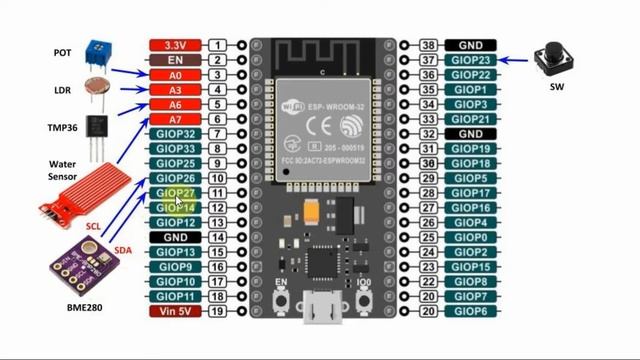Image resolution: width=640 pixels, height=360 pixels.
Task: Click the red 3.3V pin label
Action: pyautogui.click(x=176, y=46)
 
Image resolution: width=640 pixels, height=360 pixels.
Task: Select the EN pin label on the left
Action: pyautogui.click(x=176, y=60)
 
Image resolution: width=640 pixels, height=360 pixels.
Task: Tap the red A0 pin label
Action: pyautogui.click(x=176, y=75)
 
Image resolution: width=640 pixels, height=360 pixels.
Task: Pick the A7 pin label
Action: pyautogui.click(x=176, y=119)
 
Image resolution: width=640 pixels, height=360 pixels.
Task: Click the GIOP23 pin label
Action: pyautogui.click(x=470, y=60)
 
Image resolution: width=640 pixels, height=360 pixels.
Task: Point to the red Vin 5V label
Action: pyautogui.click(x=176, y=311)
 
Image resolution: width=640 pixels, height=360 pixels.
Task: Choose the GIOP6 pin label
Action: pyautogui.click(x=470, y=311)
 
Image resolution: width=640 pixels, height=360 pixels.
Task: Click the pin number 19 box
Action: pyautogui.click(x=217, y=311)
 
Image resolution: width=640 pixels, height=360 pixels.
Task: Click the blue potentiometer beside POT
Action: pyautogui.click(x=96, y=47)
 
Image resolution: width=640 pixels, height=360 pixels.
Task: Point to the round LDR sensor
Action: pyautogui.click(x=98, y=86)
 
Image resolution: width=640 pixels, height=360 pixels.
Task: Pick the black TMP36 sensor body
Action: pyautogui.click(x=96, y=127)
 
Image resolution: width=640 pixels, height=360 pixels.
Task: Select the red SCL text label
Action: pyautogui.click(x=93, y=227)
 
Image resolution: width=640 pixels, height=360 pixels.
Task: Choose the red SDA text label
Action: pyautogui.click(x=123, y=249)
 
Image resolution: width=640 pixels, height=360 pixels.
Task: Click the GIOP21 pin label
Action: pyautogui.click(x=470, y=119)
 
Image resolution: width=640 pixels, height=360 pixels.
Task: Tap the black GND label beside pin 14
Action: pyautogui.click(x=176, y=237)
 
